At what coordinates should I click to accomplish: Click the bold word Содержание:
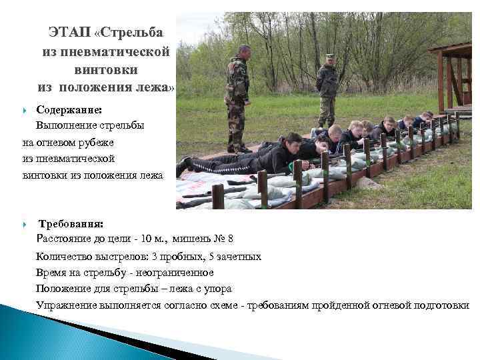pyautogui.click(x=70, y=109)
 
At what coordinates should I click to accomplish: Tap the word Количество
pyautogui.click(x=65, y=256)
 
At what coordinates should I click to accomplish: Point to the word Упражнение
pyautogui.click(x=67, y=305)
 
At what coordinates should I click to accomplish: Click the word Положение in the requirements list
pyautogui.click(x=65, y=289)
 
